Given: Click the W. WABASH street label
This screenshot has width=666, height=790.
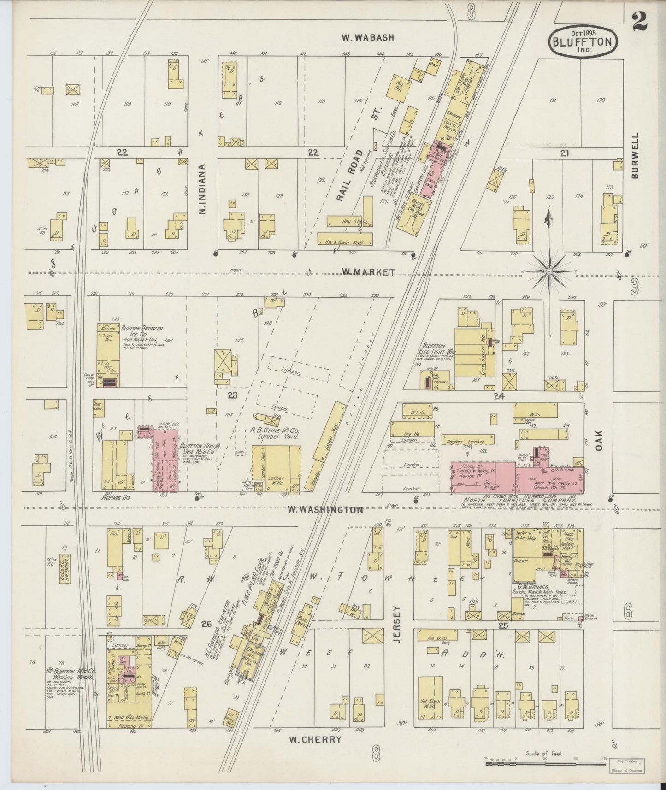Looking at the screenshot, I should [x=368, y=38].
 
